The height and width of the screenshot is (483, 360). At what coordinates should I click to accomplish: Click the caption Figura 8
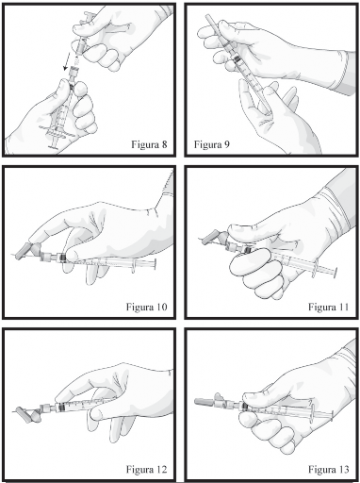click(149, 144)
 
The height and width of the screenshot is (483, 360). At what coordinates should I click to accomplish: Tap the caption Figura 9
click(212, 144)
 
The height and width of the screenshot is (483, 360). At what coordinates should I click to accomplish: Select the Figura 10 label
click(146, 307)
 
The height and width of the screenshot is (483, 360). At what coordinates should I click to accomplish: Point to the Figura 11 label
click(328, 307)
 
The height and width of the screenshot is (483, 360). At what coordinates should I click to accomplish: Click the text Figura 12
click(146, 470)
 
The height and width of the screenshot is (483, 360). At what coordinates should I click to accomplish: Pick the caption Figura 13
click(328, 470)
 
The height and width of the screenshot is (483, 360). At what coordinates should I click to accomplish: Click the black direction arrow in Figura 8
click(67, 62)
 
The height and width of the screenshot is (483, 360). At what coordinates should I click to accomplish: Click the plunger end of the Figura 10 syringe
click(155, 264)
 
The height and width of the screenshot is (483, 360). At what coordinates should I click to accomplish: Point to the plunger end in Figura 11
click(335, 273)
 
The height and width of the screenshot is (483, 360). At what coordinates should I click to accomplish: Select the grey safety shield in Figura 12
click(26, 415)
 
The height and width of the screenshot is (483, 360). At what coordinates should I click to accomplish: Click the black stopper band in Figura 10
click(62, 258)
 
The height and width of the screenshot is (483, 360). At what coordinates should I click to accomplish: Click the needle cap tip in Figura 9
click(208, 17)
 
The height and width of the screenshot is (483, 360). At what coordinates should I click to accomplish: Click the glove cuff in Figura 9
click(350, 73)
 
